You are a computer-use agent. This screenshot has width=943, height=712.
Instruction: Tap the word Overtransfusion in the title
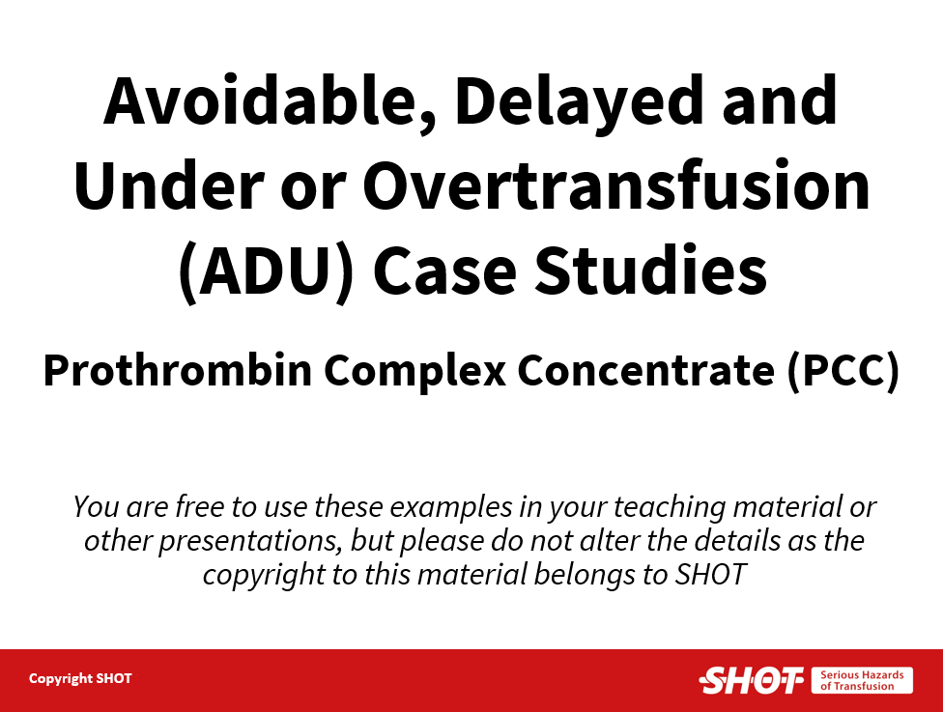(x=616, y=185)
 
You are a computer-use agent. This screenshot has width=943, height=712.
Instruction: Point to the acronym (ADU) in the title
(x=266, y=271)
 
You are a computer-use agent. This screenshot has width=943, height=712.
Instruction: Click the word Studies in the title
(x=650, y=270)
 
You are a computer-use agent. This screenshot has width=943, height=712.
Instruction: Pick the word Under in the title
(x=169, y=185)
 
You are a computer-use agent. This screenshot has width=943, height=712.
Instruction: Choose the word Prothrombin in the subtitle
(x=178, y=370)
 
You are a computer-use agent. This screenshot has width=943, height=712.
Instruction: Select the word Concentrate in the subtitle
(x=646, y=370)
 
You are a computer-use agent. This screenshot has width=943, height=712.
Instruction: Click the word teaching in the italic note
(x=670, y=508)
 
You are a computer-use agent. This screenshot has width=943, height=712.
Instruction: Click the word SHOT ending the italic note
(x=711, y=574)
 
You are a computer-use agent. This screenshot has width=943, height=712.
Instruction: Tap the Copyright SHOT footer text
(x=80, y=679)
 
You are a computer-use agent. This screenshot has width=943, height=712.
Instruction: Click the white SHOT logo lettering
(x=752, y=680)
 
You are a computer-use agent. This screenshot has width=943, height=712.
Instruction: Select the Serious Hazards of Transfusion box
(x=862, y=680)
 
